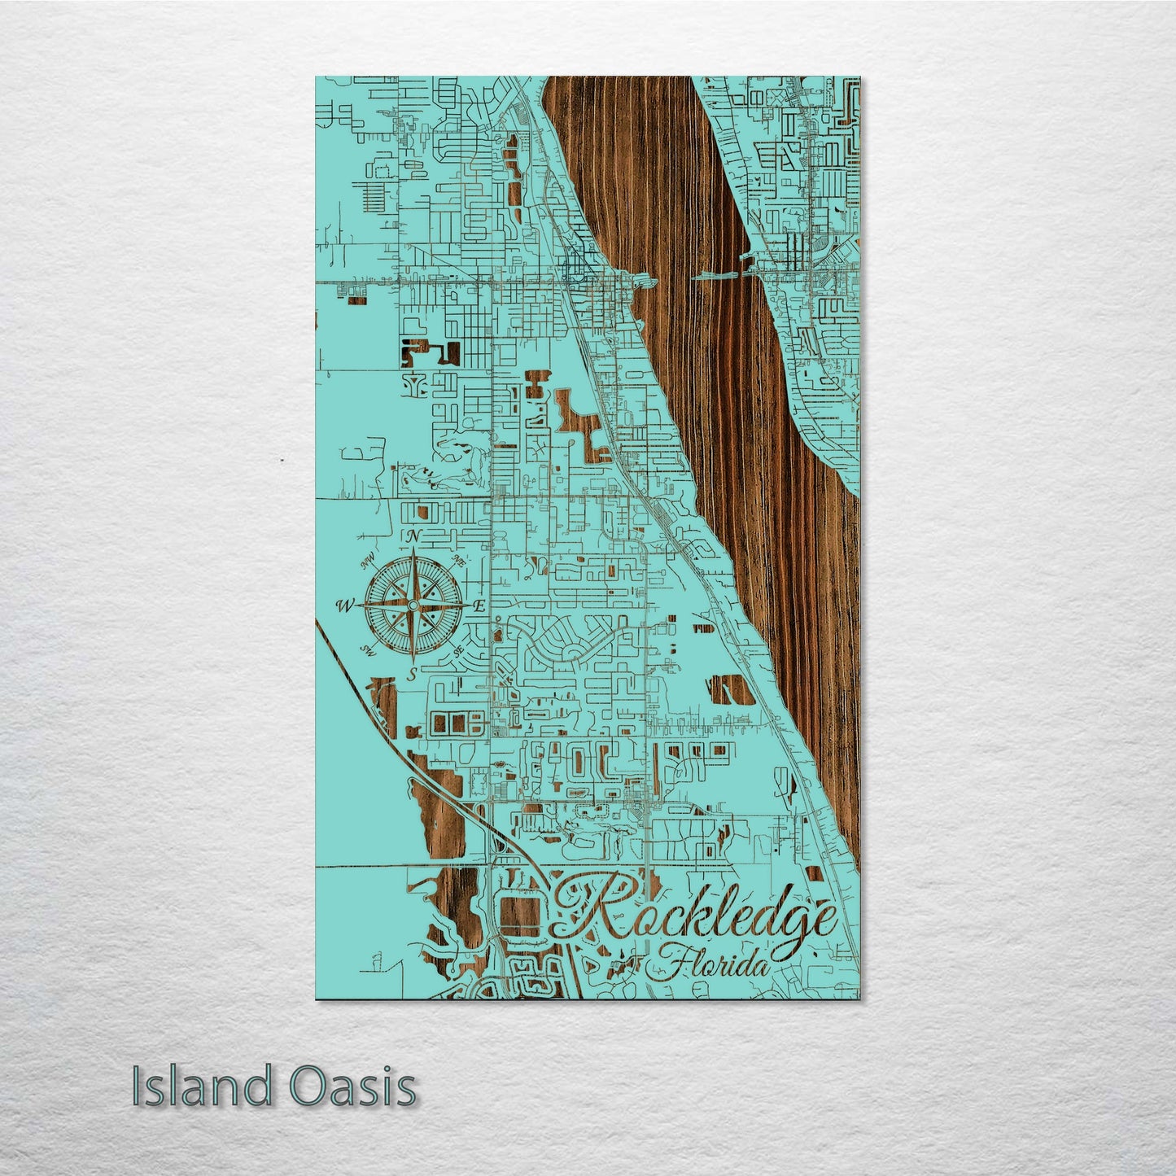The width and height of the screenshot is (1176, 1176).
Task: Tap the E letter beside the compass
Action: (x=480, y=605)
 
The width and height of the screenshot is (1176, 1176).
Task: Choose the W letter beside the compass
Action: (x=345, y=605)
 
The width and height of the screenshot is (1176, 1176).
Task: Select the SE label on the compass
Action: (x=459, y=650)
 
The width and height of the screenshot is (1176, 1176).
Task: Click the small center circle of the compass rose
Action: (x=413, y=605)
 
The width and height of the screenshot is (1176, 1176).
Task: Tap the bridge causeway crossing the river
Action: (x=720, y=275)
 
